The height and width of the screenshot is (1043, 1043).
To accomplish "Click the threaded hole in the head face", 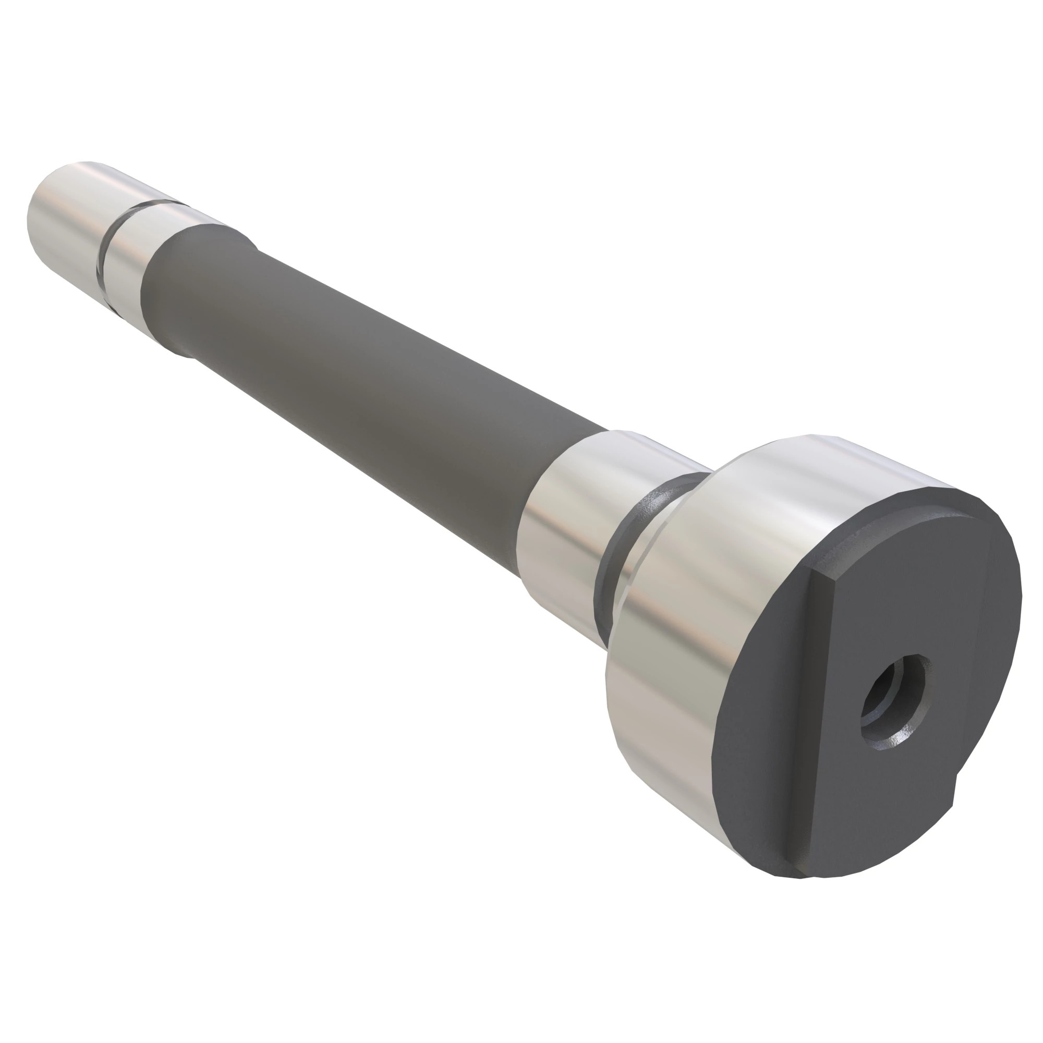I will point(894,701).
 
